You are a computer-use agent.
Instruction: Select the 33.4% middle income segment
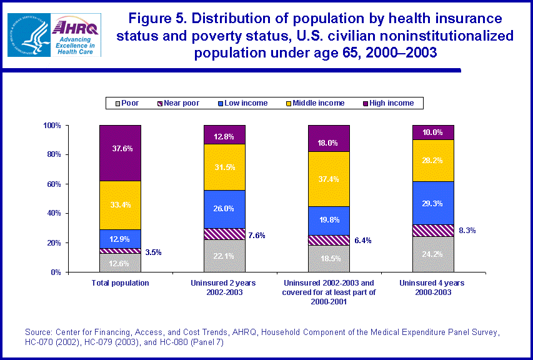pos(120,204)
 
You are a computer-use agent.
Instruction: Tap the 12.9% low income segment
pos(120,239)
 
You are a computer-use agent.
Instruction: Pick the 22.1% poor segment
pos(224,256)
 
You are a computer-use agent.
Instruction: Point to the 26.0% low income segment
pos(224,209)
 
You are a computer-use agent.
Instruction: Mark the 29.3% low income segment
pos(433,203)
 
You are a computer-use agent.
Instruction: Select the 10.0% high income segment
pos(433,132)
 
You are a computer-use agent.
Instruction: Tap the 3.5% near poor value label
pos(153,253)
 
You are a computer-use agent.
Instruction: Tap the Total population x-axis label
pos(120,283)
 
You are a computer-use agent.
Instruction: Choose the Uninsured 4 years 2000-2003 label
pos(433,287)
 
